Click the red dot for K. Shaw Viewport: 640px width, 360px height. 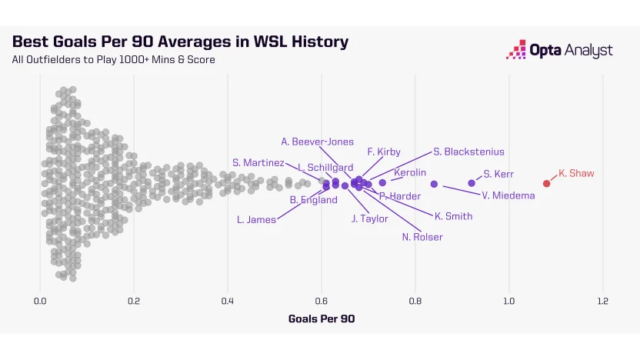pos(547,183)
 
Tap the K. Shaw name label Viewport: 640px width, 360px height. pos(576,173)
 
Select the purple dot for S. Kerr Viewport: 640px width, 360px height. pos(472,183)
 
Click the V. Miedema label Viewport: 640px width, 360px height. pos(508,195)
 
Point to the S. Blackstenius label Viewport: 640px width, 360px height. pos(468,152)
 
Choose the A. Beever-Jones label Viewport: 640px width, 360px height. pos(318,142)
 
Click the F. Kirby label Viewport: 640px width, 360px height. pos(384,152)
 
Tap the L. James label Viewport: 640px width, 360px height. pos(256,220)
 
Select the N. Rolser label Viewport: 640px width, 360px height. pos(422,237)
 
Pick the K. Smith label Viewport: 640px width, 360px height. pos(453,216)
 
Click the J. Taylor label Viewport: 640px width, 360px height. pos(370,218)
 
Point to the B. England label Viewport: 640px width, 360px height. pos(313,200)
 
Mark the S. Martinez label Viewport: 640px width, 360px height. pos(258,162)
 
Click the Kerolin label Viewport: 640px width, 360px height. pos(410,172)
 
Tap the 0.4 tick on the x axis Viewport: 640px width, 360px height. pos(228,301)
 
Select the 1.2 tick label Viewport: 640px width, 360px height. pos(602,301)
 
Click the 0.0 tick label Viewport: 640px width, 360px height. pos(40,301)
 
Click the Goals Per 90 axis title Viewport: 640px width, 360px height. pos(321,318)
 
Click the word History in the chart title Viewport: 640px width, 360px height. pos(313,42)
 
